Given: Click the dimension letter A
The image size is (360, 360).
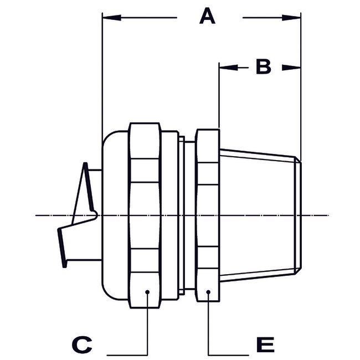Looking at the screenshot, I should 207,17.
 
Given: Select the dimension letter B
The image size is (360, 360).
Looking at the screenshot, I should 263,68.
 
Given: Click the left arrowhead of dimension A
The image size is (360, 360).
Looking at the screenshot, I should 111,18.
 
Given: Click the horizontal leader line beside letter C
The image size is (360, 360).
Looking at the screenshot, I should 127,353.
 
